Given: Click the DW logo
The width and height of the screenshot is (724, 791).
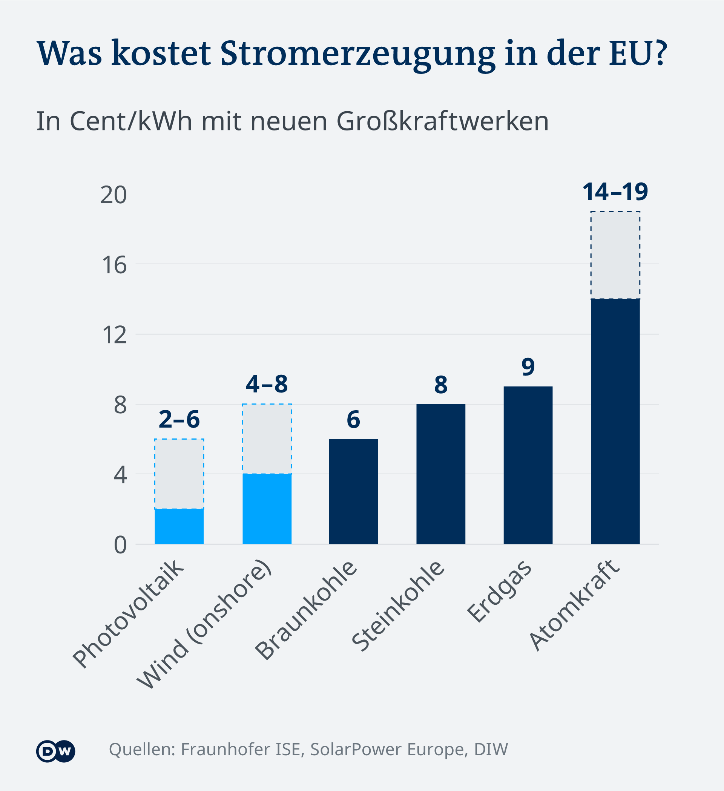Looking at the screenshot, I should pyautogui.click(x=55, y=751).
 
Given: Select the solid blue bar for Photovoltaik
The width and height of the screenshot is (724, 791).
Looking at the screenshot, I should pyautogui.click(x=179, y=526).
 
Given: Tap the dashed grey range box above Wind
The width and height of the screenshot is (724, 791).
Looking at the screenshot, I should pyautogui.click(x=267, y=438).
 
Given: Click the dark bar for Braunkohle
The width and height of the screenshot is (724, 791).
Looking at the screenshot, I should pyautogui.click(x=353, y=491).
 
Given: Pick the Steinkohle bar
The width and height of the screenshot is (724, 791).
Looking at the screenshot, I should pyautogui.click(x=441, y=474).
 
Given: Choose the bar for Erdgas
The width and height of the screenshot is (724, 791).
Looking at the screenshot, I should pyautogui.click(x=528, y=465).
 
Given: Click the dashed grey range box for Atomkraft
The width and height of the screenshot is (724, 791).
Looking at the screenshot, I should pyautogui.click(x=615, y=255).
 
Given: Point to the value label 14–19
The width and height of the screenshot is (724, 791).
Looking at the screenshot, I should pyautogui.click(x=615, y=192).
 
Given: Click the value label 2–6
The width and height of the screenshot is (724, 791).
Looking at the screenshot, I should pyautogui.click(x=179, y=419).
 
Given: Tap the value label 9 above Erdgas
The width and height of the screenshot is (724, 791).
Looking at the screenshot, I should pyautogui.click(x=528, y=367).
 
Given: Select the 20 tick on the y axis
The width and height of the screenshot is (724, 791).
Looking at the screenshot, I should pyautogui.click(x=114, y=195).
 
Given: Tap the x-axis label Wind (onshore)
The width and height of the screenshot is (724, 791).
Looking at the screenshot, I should pyautogui.click(x=204, y=624).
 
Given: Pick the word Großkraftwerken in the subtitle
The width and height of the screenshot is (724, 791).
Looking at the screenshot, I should pyautogui.click(x=442, y=121).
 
